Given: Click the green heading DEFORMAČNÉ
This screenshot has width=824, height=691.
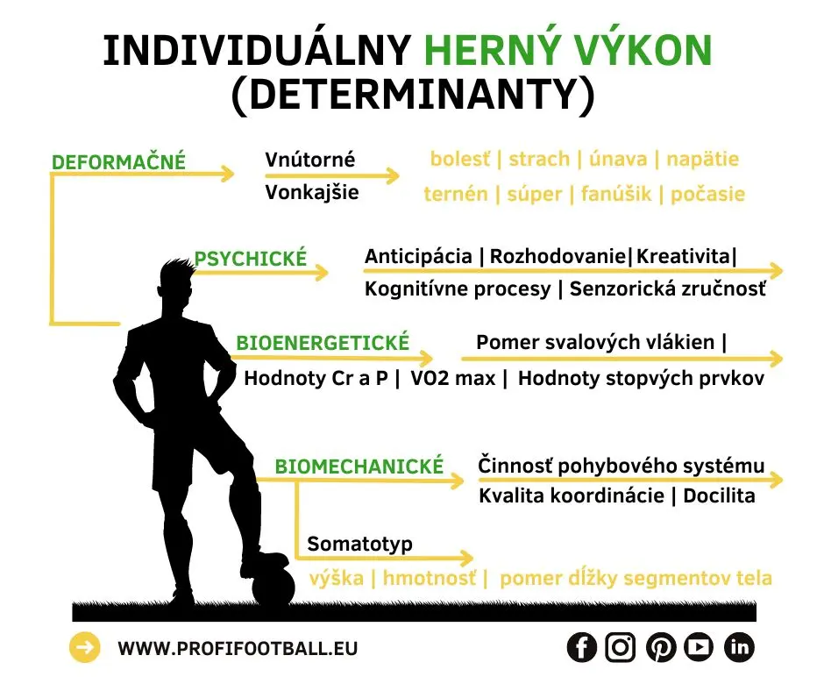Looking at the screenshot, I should (x=119, y=162).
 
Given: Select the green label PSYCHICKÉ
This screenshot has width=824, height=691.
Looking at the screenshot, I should (x=251, y=259).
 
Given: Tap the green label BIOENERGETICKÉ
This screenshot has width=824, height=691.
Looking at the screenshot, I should (x=323, y=343).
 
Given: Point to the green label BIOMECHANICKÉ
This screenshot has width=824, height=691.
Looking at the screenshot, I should (x=359, y=467).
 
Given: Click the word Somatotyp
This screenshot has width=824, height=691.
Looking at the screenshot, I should (x=359, y=545).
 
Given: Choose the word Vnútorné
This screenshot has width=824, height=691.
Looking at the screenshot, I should (x=310, y=160).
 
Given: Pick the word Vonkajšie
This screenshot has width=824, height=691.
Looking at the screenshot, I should (x=312, y=192).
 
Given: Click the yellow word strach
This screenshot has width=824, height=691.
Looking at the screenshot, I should (x=538, y=160).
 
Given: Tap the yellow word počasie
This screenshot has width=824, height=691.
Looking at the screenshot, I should (x=707, y=194).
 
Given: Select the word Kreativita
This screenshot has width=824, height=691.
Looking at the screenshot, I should (x=684, y=256).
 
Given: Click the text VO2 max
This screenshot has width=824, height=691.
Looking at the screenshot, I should (x=452, y=379).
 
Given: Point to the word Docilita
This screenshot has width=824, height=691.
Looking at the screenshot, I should (x=719, y=495).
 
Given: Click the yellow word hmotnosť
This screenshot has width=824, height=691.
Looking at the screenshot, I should (x=429, y=578).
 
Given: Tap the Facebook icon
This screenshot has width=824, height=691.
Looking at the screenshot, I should (x=581, y=648).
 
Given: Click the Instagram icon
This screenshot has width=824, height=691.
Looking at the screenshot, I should (x=621, y=648).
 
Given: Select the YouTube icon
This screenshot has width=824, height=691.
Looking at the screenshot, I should (x=699, y=648).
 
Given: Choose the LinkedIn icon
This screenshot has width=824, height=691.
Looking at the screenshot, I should (x=739, y=648).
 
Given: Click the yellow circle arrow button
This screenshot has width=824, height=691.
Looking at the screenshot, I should (x=85, y=648).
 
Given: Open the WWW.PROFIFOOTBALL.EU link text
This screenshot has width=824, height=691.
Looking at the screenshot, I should (x=238, y=649).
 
